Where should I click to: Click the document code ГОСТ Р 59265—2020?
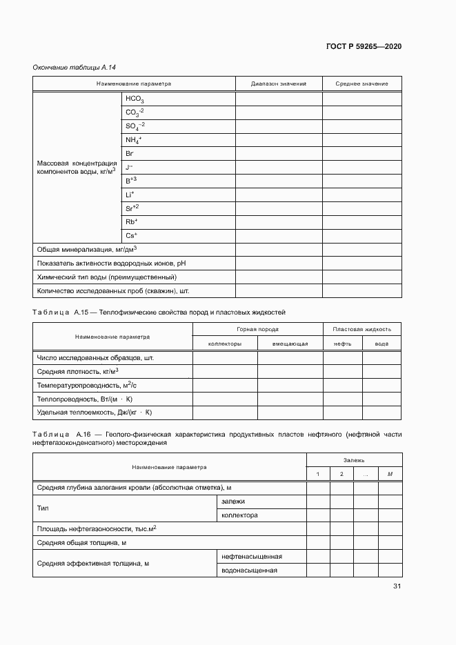pos(364,46)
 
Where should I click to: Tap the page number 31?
pos(397,586)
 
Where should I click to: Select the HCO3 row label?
pos(135,99)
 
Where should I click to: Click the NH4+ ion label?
pos(133,140)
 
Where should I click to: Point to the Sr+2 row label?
pos(132,208)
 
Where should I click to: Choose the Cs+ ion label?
pos(131,235)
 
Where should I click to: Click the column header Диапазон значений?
pos(278,84)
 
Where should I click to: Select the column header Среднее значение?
pos(361,84)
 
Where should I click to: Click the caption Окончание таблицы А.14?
pos(74,67)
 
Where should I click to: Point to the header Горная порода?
pos(257,330)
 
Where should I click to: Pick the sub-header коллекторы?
pos(225,344)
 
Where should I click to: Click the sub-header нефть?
pos(343,344)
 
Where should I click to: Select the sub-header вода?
pos(381,344)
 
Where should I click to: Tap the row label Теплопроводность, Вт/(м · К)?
pos(84,399)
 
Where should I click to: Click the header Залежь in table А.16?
pos(354,459)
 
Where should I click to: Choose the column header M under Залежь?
pos(390,474)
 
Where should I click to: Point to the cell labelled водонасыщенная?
pos(249,570)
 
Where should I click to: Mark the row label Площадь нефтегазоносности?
pos(97,528)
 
